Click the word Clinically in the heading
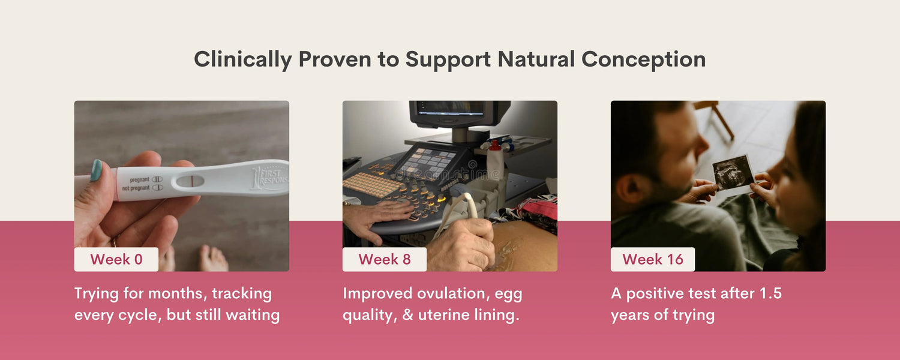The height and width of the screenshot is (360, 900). click(242, 59)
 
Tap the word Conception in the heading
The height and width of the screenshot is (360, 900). click(643, 59)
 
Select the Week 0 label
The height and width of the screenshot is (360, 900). click(116, 259)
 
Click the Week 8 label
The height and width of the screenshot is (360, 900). click(385, 259)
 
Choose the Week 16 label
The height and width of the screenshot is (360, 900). click(653, 259)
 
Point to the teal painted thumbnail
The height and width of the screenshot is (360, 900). click(96, 170)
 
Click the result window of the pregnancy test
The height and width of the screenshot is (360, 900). click(190, 181)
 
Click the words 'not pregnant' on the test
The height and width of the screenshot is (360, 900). click(136, 188)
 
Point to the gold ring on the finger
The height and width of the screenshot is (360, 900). click(115, 241)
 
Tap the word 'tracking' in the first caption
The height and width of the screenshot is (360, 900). click(242, 294)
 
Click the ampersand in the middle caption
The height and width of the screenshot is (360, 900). click(407, 314)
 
